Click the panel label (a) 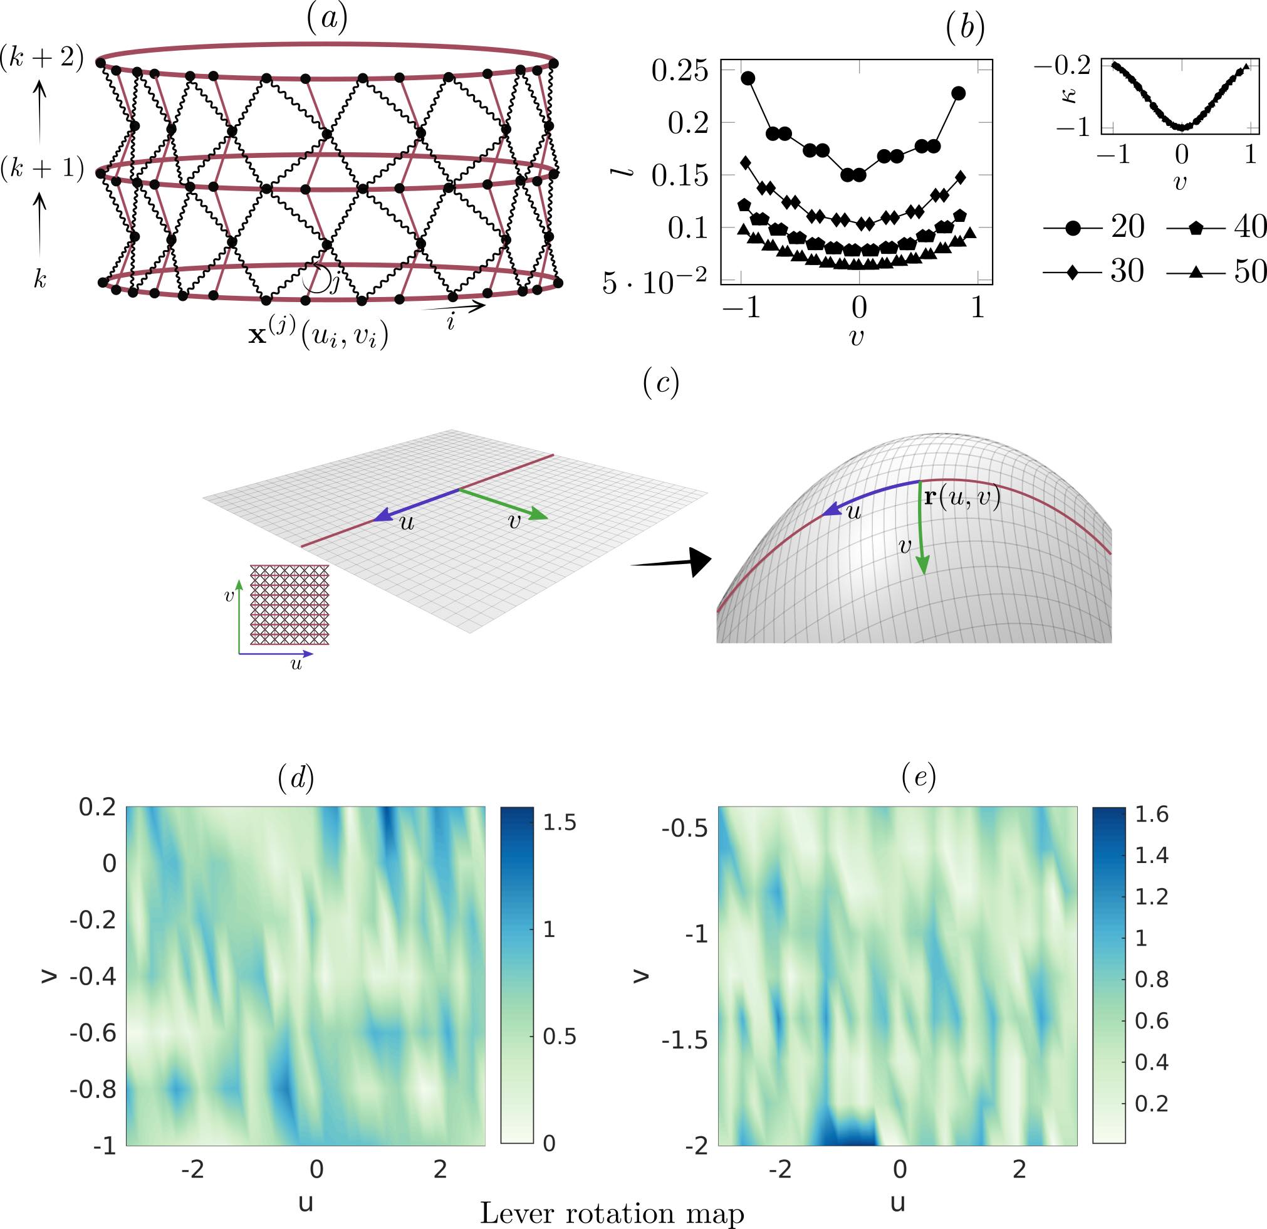coord(327,19)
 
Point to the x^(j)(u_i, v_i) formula coord(319,335)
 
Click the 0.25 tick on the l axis coord(679,71)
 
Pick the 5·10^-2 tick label coord(654,282)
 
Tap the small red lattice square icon coord(289,605)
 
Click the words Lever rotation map coord(612,1213)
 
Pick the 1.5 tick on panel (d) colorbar coord(559,822)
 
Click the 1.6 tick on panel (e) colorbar coord(1152,814)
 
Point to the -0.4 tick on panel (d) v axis coord(93,976)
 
